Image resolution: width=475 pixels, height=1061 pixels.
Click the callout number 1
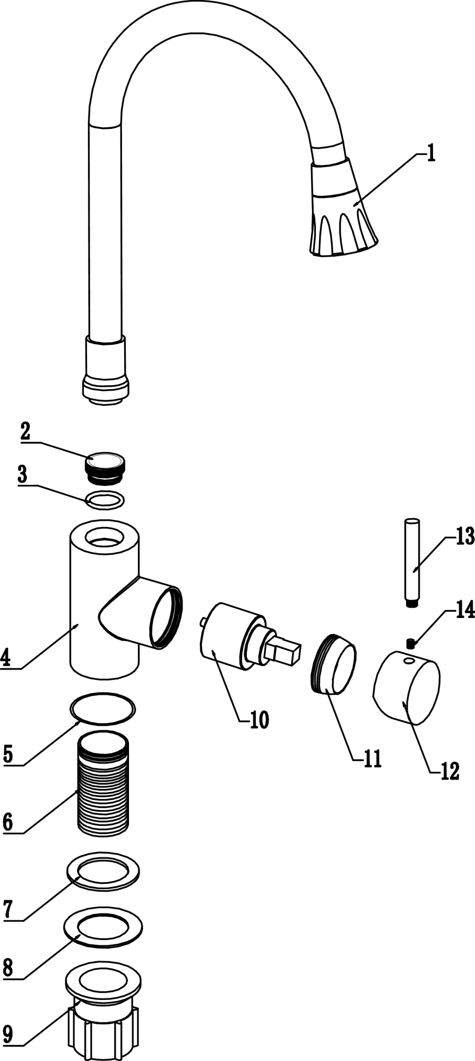(x=431, y=154)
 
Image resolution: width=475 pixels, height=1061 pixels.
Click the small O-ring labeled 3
(x=105, y=500)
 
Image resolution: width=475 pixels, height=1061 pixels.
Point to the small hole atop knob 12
(x=407, y=662)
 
